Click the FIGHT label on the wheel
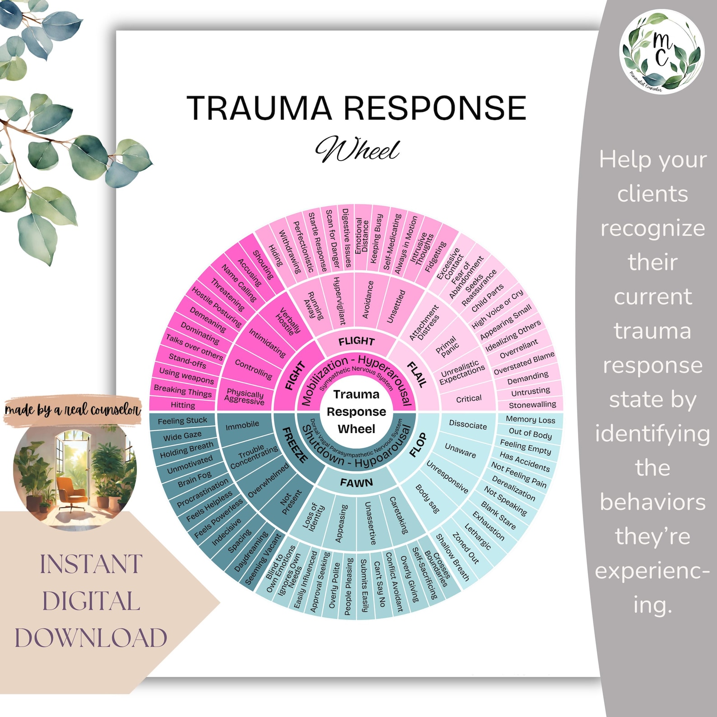tap(295, 376)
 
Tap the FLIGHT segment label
tap(356, 341)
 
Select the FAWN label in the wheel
tap(356, 483)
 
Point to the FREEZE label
tap(295, 445)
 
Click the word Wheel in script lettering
tap(357, 149)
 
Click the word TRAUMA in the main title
tap(259, 108)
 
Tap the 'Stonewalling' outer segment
tap(532, 405)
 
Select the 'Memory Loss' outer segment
tap(530, 419)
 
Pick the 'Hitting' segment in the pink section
tap(183, 405)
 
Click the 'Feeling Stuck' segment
tap(182, 421)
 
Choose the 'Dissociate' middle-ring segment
tap(468, 425)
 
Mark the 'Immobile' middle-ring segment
tap(242, 425)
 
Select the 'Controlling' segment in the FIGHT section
tap(253, 369)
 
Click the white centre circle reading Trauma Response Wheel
tap(356, 411)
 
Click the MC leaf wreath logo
tap(662, 52)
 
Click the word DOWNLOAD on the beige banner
tap(91, 638)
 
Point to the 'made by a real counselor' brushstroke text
tap(73, 410)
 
